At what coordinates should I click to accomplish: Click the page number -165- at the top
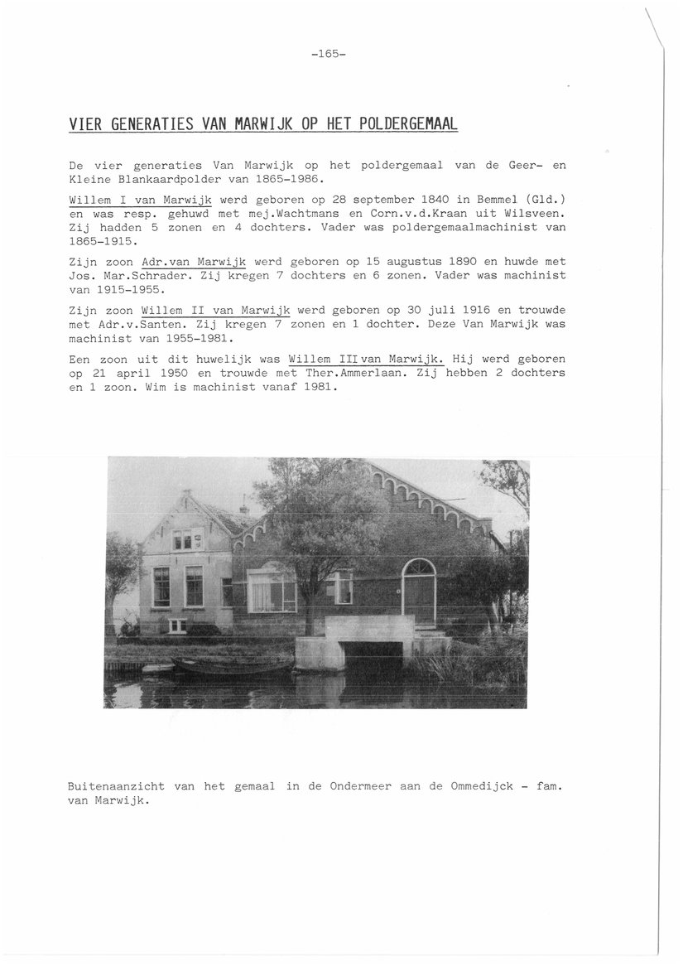pos(329,55)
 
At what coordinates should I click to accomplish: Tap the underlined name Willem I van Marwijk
pos(141,200)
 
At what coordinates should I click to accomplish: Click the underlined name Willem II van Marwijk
pos(216,309)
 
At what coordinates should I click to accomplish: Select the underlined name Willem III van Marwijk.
pos(367,359)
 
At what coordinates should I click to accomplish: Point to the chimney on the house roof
pos(243,508)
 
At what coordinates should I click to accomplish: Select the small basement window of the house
pos(177,625)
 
